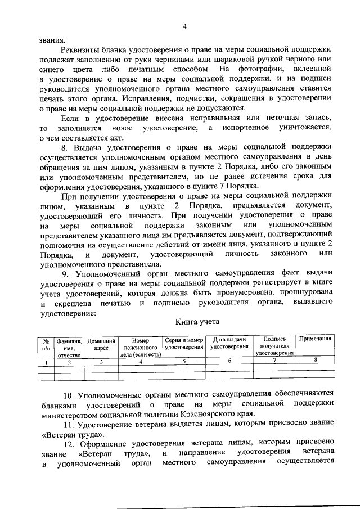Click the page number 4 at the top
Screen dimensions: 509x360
click(x=184, y=26)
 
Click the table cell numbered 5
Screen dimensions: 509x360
click(x=184, y=362)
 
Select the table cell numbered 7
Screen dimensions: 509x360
click(x=274, y=362)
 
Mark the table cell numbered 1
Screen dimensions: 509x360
click(x=46, y=362)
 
